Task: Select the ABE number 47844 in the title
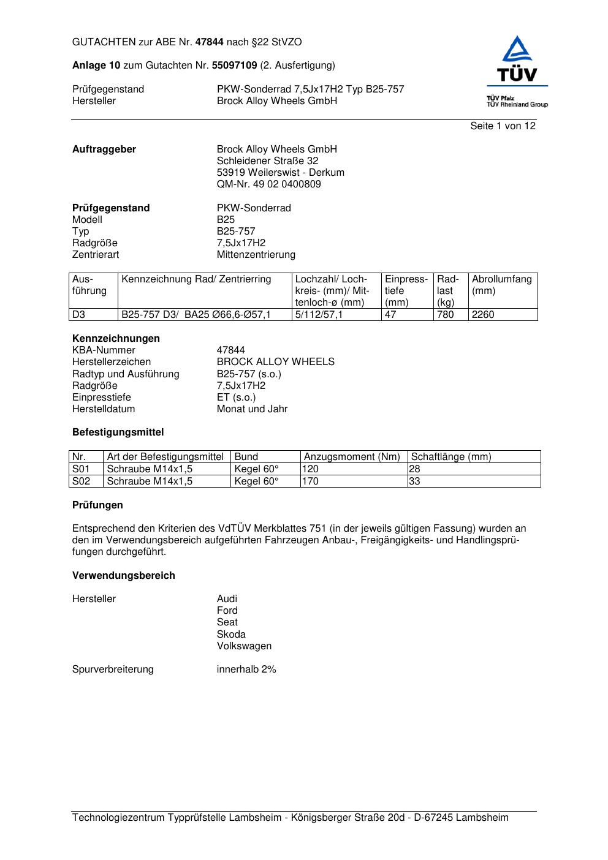coord(210,42)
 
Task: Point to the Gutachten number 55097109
coord(234,66)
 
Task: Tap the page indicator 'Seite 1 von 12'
coord(503,126)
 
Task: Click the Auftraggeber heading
coord(104,149)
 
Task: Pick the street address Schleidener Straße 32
coord(267,161)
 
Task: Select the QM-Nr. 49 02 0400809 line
coord(268,184)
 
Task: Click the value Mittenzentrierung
coord(256,255)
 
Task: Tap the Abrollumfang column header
coord(501,285)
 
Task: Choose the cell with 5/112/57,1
coord(319,315)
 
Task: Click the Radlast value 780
coord(445,315)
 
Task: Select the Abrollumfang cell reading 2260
coord(483,315)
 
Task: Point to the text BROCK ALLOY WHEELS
coord(275,362)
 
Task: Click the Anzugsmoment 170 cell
coord(311,481)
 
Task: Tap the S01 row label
coord(81,469)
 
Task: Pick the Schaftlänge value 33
coord(414,481)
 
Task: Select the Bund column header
coord(246,457)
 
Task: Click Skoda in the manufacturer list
coord(231,635)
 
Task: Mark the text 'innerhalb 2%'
coord(246,670)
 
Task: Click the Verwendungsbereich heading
coord(124,576)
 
